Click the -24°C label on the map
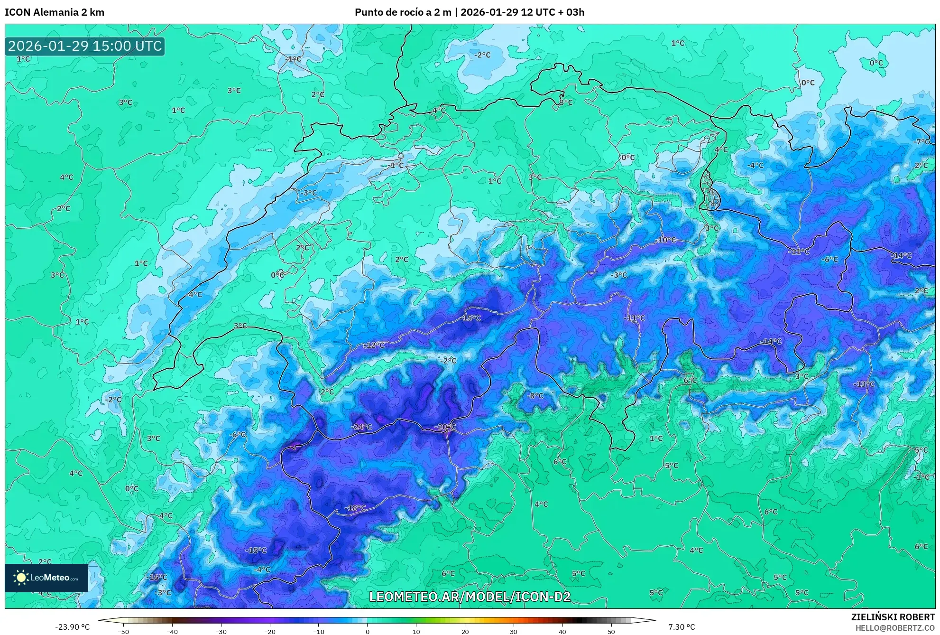coord(361,427)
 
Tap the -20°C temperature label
coord(445,427)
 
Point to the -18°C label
coord(355,508)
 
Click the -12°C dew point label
coord(374,345)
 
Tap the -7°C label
coord(922,141)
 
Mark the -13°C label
coord(864,384)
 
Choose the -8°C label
coord(535,396)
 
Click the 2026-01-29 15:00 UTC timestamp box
coord(85,46)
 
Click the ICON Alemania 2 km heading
coord(55,12)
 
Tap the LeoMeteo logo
coord(46,578)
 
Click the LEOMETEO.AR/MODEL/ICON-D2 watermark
coord(470,597)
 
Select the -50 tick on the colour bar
coord(123,631)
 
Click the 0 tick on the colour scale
coord(367,631)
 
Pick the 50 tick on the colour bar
coord(611,631)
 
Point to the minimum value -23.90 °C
coord(72,627)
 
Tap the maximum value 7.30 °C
coord(682,627)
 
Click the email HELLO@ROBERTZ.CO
coord(895,627)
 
